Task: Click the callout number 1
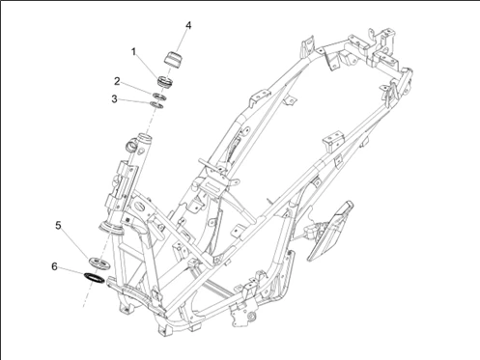click(133, 51)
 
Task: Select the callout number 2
click(117, 81)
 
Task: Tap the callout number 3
click(114, 99)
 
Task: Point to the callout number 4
click(188, 25)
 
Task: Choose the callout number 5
click(58, 226)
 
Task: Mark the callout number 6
click(54, 266)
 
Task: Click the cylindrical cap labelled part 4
click(173, 59)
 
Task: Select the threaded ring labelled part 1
click(165, 81)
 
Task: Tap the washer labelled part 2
click(159, 97)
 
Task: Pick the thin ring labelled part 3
click(156, 104)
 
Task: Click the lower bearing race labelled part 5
click(99, 263)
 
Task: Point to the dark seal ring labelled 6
click(94, 278)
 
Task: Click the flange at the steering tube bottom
click(111, 228)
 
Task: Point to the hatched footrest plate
click(330, 231)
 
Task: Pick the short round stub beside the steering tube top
click(132, 145)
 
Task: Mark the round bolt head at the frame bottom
click(252, 316)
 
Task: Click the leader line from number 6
click(71, 272)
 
